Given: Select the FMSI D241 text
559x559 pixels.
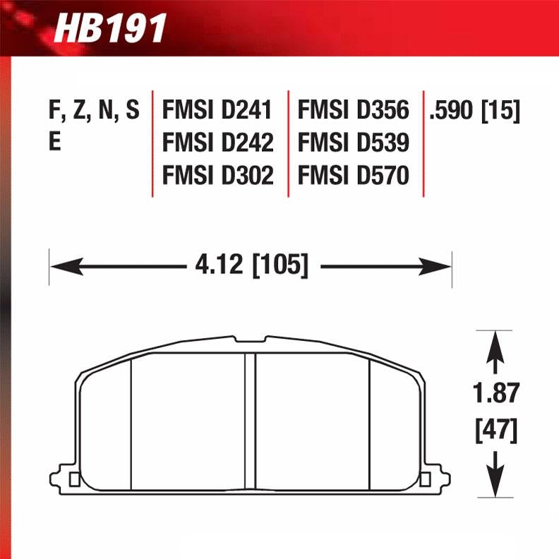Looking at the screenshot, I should pos(217,111).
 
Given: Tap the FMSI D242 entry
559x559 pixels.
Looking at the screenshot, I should pos(217,143).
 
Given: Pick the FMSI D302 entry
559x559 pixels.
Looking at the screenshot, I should pos(217,176).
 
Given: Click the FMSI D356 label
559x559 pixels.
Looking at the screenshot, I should pos(353,111).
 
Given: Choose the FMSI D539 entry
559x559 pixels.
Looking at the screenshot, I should pos(353,143).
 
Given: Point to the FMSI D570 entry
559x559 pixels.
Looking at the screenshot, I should pos(353,176).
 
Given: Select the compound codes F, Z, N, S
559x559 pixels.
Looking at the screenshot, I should pos(92,111).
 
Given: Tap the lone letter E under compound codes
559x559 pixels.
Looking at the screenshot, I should pos(54,143).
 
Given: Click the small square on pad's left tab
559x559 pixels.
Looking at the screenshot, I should pos(75,481).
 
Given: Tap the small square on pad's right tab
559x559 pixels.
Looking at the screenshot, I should pos(424,481).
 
